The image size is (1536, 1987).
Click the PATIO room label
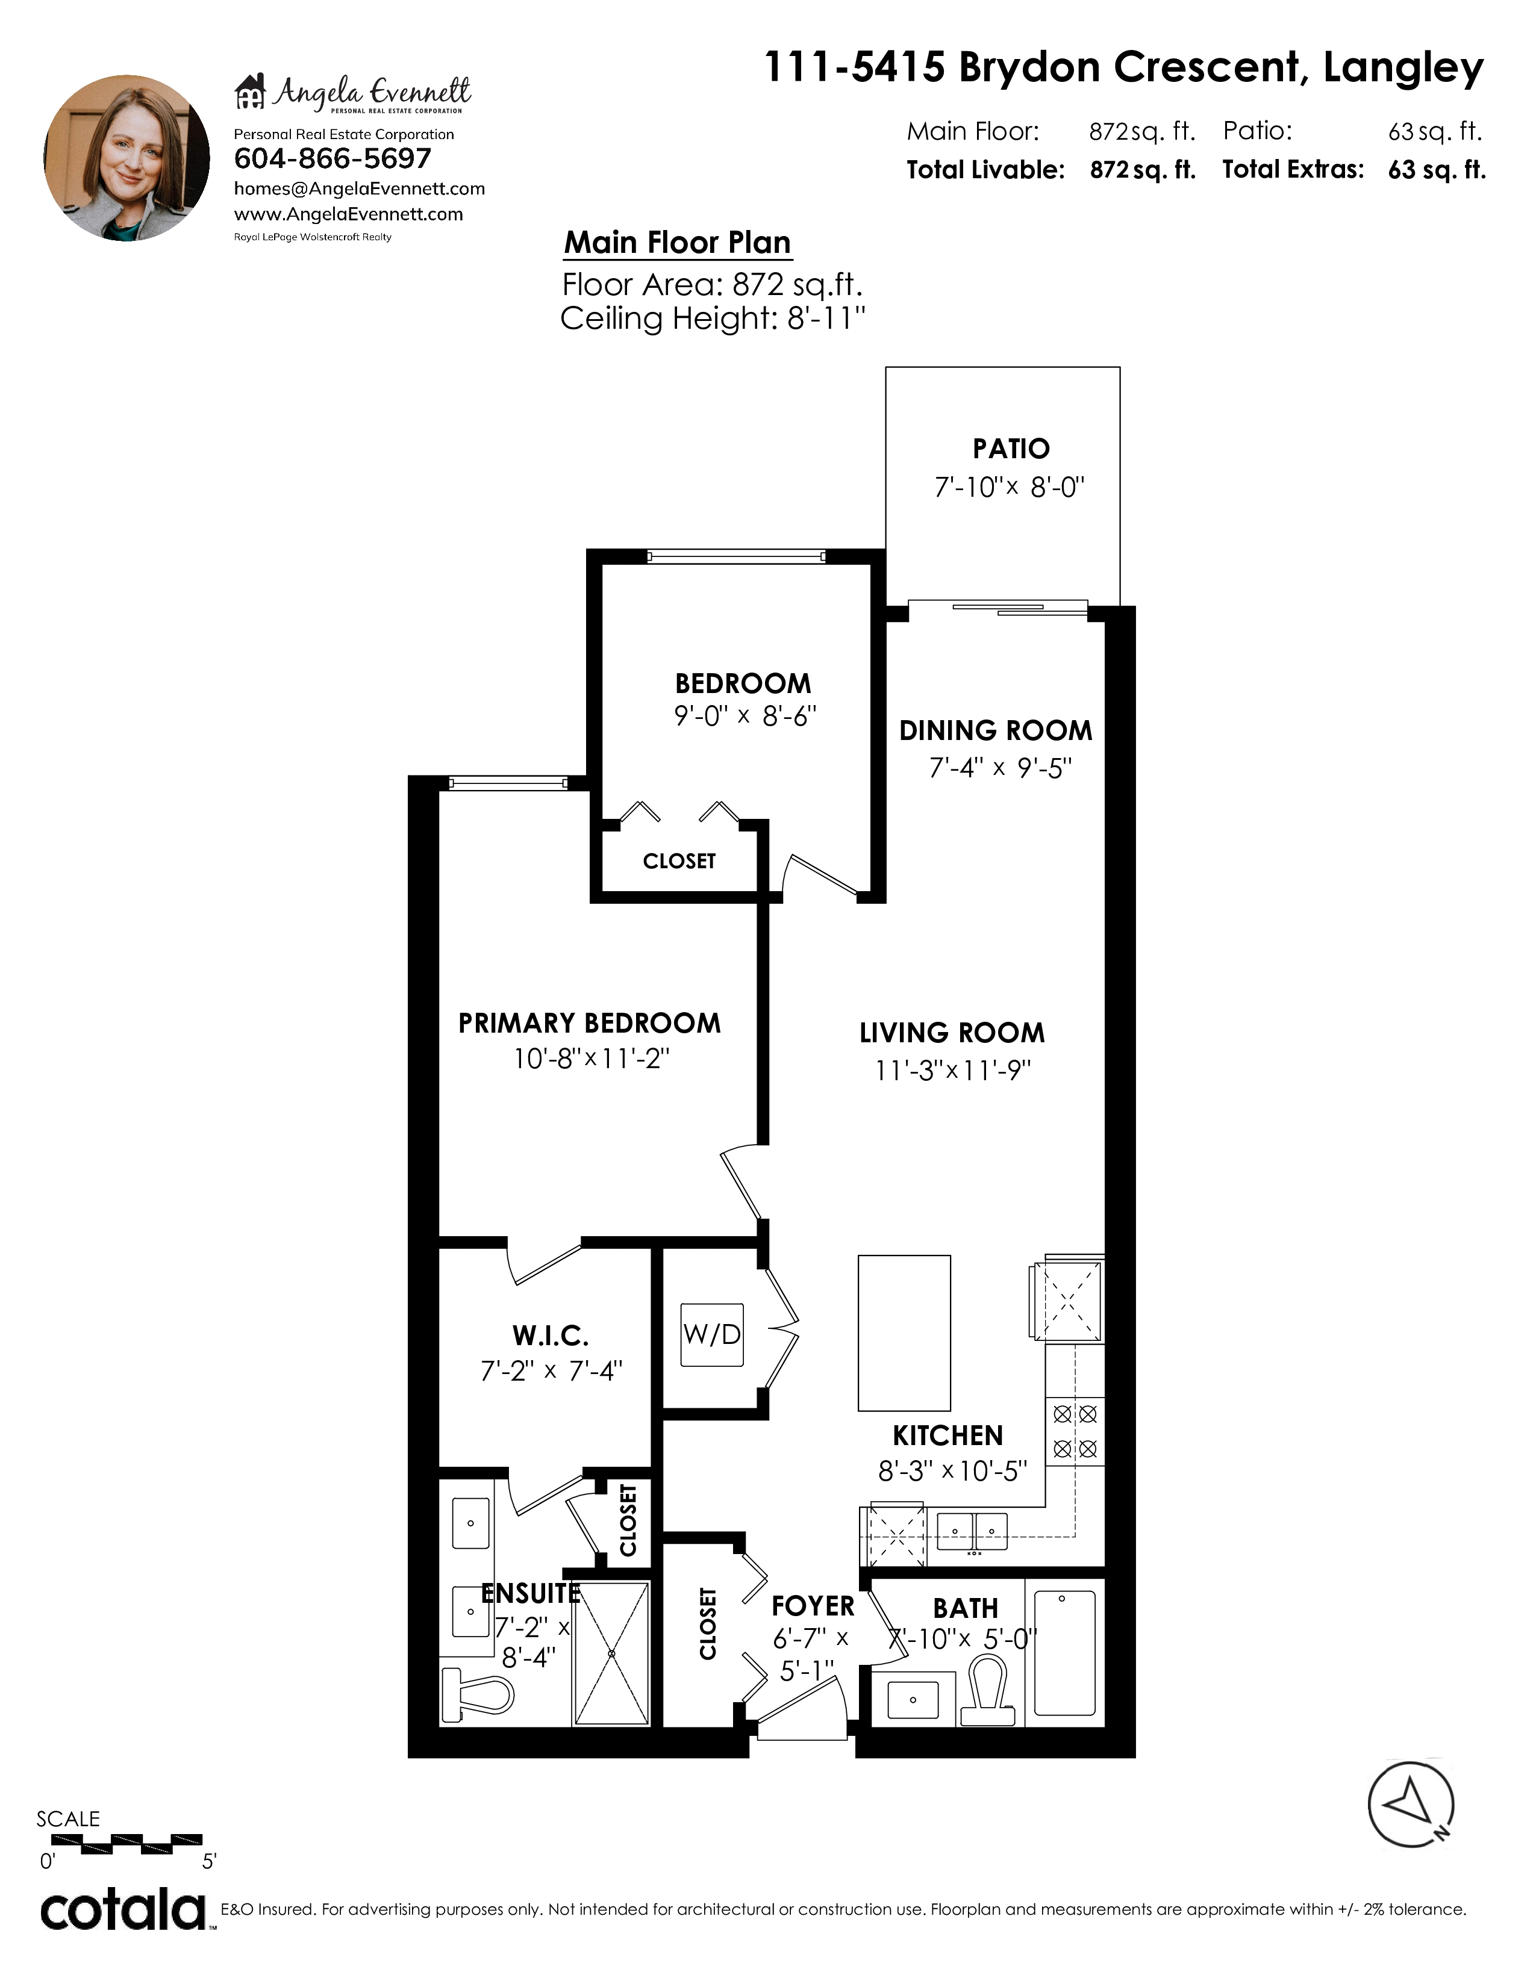(1011, 449)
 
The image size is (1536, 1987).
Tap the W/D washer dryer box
(713, 1335)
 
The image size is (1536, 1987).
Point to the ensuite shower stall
(611, 1652)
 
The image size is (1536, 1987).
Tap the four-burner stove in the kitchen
(1075, 1431)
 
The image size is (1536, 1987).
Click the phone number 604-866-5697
(332, 158)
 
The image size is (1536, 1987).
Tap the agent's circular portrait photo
(127, 158)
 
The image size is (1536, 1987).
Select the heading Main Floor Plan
(677, 243)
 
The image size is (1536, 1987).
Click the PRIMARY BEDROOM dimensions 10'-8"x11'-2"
(592, 1059)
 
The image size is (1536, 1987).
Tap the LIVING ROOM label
(952, 1033)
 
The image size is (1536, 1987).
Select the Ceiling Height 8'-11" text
(713, 319)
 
